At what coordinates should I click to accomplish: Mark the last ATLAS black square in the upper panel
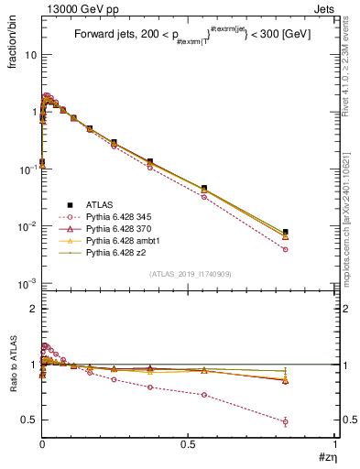[286, 232]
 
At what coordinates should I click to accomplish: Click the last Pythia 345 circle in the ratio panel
[286, 422]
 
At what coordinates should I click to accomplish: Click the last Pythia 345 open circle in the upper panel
[286, 249]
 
